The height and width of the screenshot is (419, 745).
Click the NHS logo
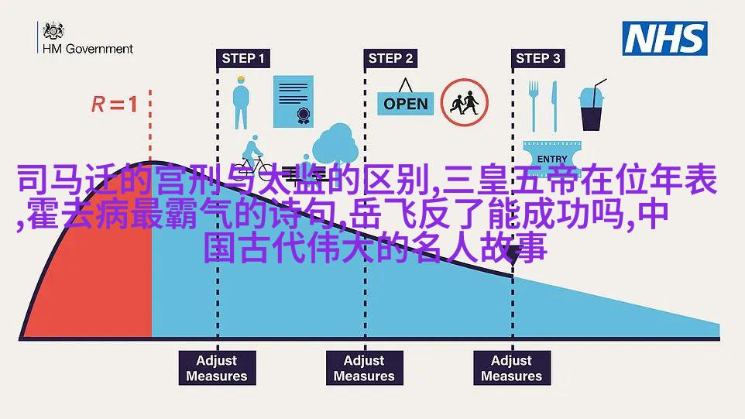tap(664, 39)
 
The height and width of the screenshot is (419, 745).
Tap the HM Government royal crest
tap(53, 30)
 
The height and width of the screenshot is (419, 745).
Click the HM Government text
tap(88, 49)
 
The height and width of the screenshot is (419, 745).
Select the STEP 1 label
tap(243, 58)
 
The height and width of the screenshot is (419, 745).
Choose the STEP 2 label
tap(390, 58)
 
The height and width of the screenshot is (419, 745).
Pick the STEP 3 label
tap(538, 58)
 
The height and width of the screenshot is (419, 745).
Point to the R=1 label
tap(115, 104)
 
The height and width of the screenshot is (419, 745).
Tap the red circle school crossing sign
tap(464, 102)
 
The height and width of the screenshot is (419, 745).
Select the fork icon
tap(534, 106)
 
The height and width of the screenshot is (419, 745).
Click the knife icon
tap(554, 106)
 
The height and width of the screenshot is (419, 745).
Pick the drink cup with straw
tap(592, 105)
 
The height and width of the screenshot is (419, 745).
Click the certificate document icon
tap(294, 101)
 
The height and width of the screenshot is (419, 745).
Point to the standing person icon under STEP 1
tap(241, 102)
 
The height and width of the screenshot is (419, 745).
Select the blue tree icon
tap(335, 144)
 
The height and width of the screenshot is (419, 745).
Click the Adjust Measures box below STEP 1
tap(217, 368)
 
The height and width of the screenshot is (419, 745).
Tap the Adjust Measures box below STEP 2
tap(365, 368)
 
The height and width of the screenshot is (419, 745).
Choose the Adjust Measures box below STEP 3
tap(512, 368)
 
